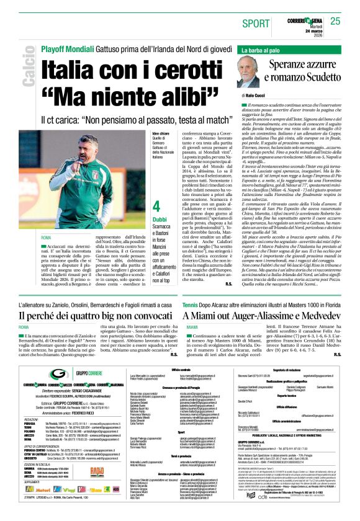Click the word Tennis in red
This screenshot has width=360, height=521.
click(x=190, y=305)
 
